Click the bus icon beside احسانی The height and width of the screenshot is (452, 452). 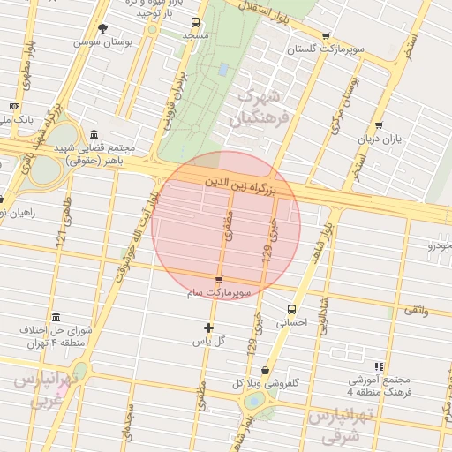(291, 309)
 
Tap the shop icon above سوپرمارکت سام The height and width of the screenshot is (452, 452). (219, 280)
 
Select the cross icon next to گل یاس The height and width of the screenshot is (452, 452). (209, 328)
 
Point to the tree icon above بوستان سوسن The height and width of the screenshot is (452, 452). (102, 28)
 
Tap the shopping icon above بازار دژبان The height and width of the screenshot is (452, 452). (379, 125)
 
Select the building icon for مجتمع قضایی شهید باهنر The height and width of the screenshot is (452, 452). (94, 133)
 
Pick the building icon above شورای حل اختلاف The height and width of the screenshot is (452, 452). (56, 317)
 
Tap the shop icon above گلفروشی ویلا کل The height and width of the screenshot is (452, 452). (266, 371)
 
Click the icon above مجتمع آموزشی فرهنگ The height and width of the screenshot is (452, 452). (379, 365)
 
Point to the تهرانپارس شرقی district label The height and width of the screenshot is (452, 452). (340, 426)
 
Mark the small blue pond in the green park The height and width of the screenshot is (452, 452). (222, 68)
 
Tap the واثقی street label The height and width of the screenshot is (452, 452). (415, 310)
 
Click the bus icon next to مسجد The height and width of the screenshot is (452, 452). (195, 23)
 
